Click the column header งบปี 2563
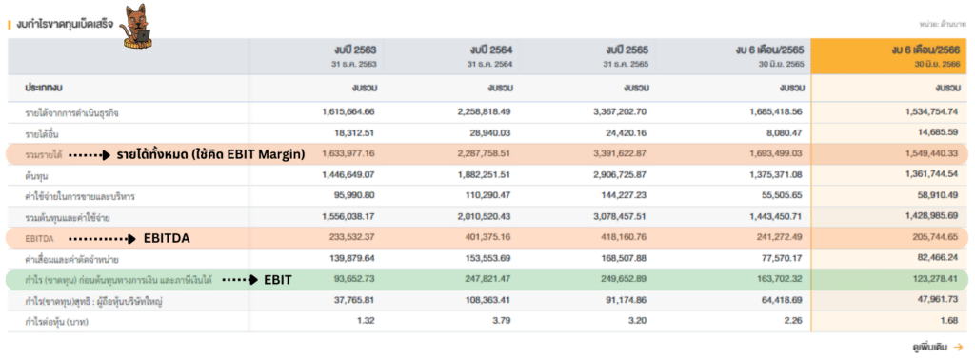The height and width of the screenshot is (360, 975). (x=353, y=50)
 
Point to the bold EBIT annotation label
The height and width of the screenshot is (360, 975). (x=277, y=280)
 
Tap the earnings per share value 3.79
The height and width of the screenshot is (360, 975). (x=501, y=322)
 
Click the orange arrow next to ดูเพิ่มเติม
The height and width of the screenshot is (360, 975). (x=958, y=348)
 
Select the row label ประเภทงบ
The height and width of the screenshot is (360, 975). (x=45, y=87)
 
